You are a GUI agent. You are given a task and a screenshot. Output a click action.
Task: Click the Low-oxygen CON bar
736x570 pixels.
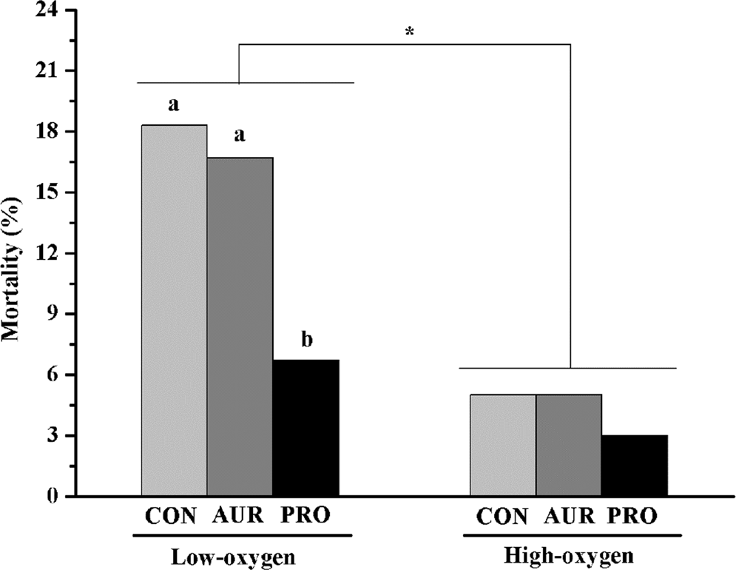(x=174, y=311)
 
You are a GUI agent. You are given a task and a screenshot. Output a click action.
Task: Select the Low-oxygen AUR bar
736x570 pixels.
(x=240, y=326)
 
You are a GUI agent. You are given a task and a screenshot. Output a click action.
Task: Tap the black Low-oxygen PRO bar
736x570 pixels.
(x=305, y=428)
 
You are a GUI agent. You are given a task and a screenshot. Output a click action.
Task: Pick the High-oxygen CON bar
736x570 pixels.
(x=503, y=445)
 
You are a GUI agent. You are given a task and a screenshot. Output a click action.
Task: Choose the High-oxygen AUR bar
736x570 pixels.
(x=569, y=445)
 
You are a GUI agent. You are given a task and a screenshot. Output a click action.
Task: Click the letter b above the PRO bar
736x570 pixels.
(x=306, y=341)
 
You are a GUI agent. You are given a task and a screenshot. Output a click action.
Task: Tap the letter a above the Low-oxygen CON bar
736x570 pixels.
(x=174, y=105)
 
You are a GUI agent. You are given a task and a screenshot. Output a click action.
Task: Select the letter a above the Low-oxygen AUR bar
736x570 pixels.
(x=240, y=137)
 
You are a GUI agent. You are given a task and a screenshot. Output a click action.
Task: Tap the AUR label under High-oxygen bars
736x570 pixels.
(x=569, y=516)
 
